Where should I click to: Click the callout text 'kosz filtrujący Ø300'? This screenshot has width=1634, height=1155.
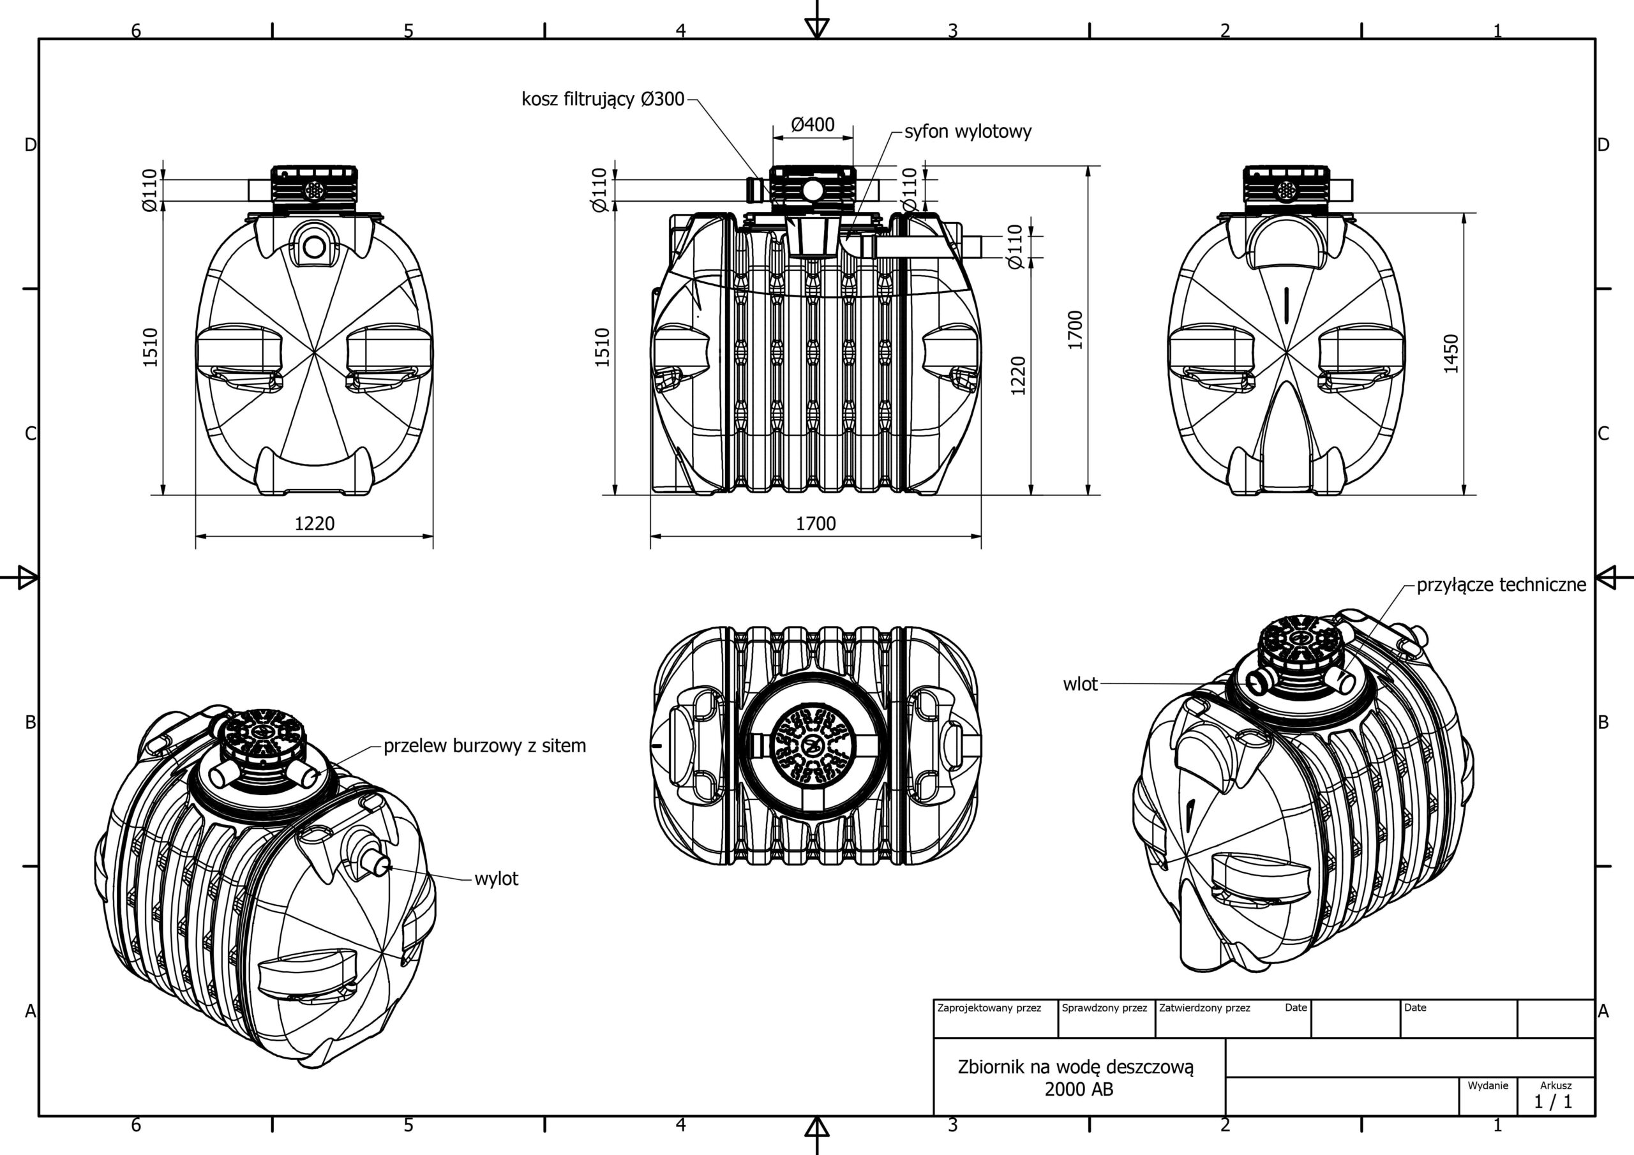[x=603, y=99]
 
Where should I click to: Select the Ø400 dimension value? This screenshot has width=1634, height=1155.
[x=813, y=124]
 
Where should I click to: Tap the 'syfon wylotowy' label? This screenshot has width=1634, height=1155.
[x=968, y=131]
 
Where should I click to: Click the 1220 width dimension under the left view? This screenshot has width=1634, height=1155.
[x=315, y=524]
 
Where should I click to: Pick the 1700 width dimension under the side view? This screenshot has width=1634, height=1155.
[x=816, y=524]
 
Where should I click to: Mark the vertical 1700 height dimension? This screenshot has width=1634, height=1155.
[x=1075, y=330]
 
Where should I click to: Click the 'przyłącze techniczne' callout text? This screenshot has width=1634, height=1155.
[x=1502, y=585]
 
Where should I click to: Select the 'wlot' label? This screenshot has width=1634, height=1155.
[x=1081, y=684]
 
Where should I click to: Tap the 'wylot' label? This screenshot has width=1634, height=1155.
[x=496, y=879]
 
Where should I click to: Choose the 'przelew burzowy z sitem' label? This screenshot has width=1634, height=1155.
[x=484, y=746]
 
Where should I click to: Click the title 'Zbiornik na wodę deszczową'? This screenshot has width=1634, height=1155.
[x=1076, y=1067]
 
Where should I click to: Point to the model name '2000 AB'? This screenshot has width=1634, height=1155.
[x=1079, y=1089]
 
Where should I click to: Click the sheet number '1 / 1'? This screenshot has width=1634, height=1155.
[x=1553, y=1102]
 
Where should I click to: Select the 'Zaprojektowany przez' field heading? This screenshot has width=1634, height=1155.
[x=989, y=1008]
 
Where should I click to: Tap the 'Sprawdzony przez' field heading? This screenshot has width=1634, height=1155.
[x=1104, y=1008]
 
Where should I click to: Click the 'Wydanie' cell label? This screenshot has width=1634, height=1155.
[x=1487, y=1086]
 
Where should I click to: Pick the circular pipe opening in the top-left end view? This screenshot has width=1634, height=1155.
[x=314, y=247]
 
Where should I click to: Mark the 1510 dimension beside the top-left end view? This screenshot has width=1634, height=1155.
[x=149, y=347]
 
